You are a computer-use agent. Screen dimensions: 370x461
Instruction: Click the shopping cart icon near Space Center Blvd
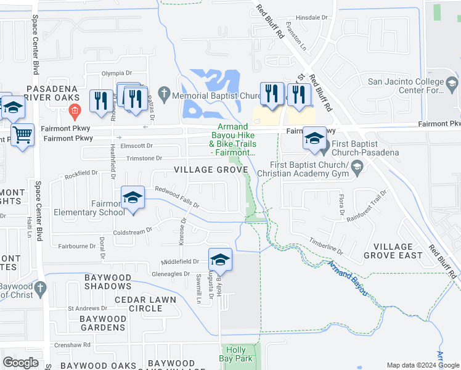[x=23, y=133]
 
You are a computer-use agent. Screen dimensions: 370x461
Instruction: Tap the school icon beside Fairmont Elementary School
[x=133, y=198]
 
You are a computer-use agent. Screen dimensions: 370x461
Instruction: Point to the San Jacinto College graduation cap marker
[x=452, y=83]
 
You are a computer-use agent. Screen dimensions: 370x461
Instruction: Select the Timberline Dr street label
[x=325, y=246]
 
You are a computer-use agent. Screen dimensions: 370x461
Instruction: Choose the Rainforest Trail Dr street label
[x=365, y=206]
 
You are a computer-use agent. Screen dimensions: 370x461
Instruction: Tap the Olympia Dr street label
[x=116, y=73]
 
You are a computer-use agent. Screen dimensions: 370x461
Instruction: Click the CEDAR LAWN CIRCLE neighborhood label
[x=145, y=304]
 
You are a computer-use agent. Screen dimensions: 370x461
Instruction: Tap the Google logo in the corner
[x=20, y=363]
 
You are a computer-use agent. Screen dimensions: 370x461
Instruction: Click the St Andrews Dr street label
[x=83, y=308]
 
